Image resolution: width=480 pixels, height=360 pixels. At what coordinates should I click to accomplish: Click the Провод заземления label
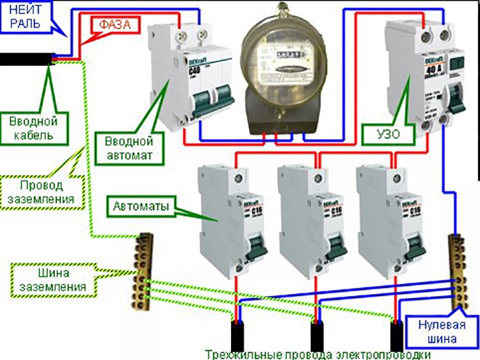pos(51,192)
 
